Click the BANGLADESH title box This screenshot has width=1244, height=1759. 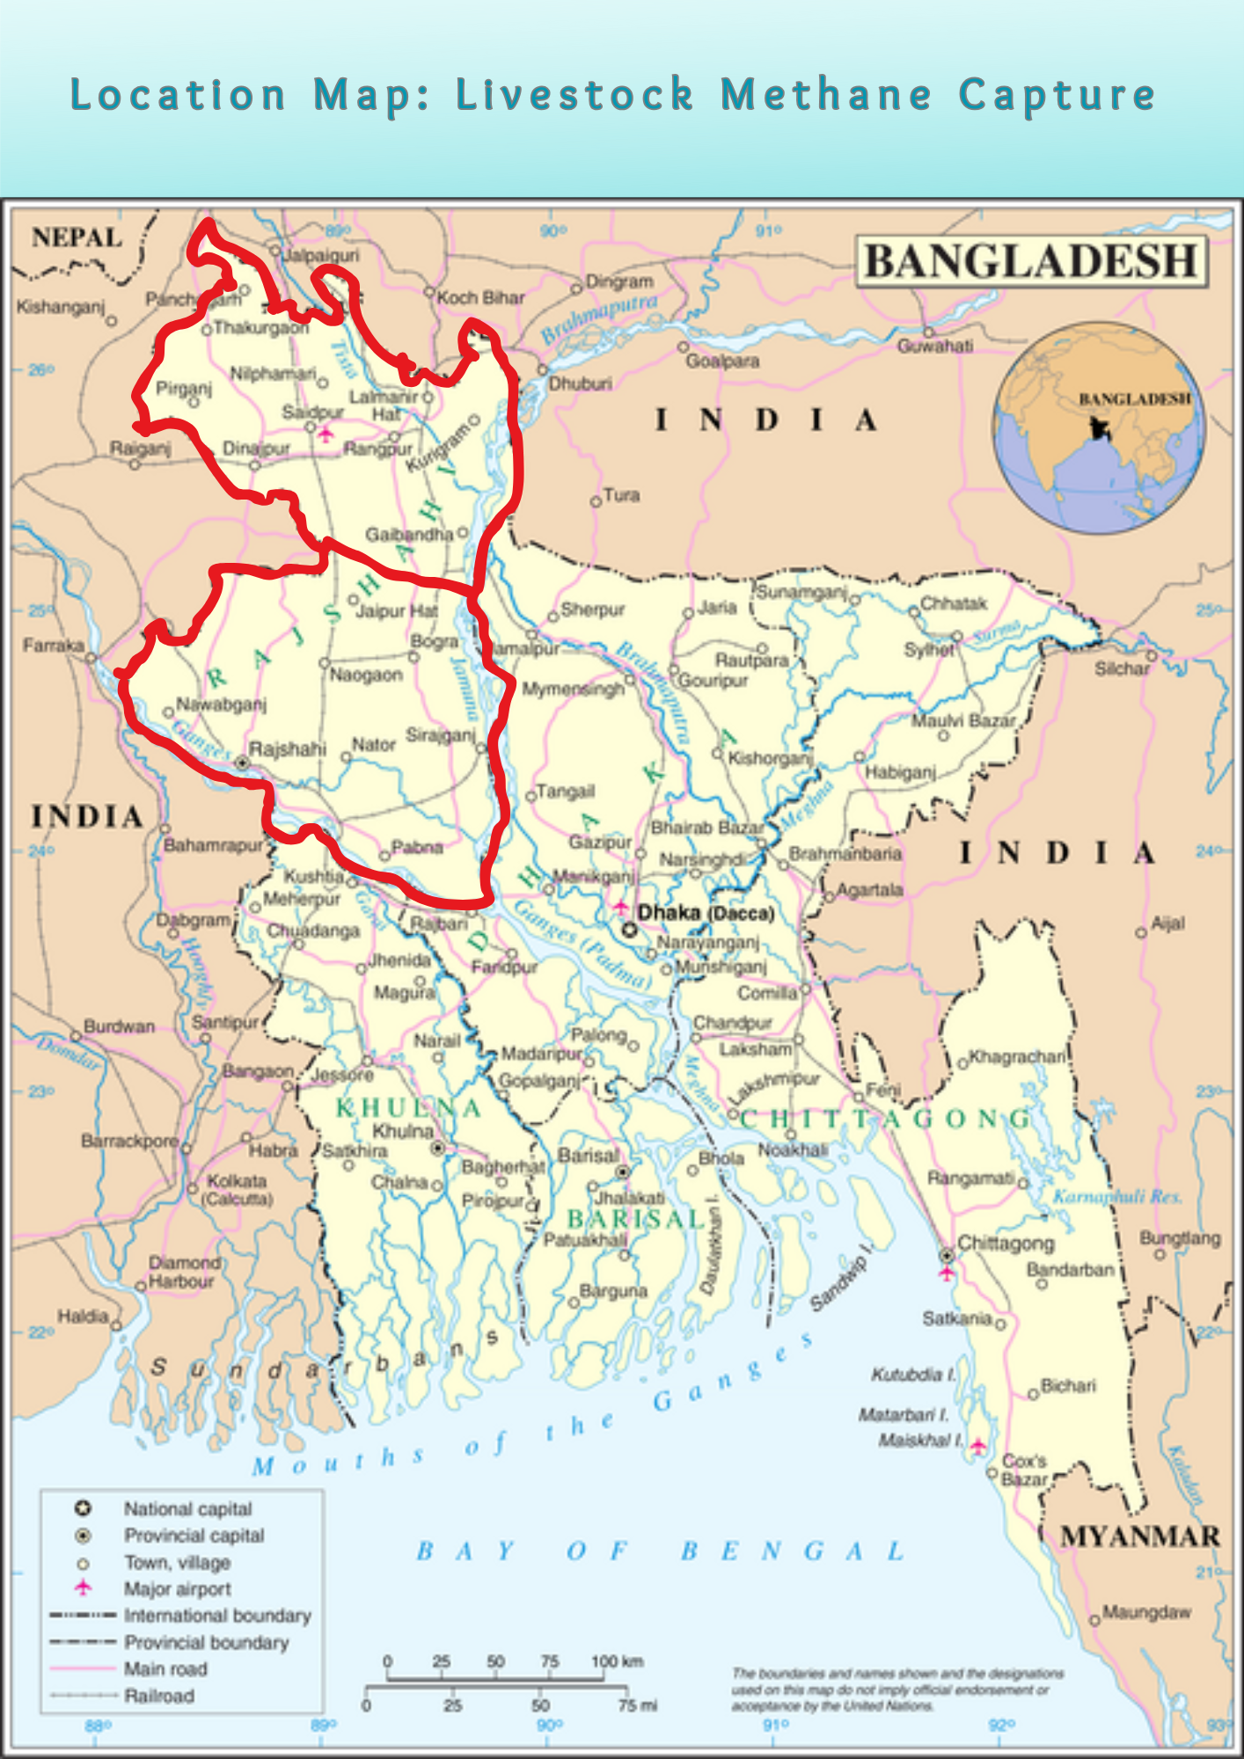tap(1031, 262)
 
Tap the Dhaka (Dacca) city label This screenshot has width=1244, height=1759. tap(706, 913)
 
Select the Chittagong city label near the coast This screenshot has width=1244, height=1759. tap(1006, 1243)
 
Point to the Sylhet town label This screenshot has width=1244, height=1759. tap(929, 650)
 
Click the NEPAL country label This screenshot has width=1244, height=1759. tap(77, 237)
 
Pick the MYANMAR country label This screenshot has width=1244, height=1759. tap(1140, 1536)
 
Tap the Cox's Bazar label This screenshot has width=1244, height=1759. tap(1024, 1470)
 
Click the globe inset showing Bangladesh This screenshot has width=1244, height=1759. tap(1099, 427)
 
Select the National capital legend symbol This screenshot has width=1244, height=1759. tap(83, 1509)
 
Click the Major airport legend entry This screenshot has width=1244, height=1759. tap(177, 1589)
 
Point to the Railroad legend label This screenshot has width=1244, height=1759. tap(159, 1696)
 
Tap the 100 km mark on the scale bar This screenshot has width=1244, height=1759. tap(616, 1661)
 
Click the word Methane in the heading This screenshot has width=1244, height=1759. tap(825, 94)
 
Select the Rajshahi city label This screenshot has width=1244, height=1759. tap(287, 749)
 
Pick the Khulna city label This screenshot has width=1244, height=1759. tap(403, 1131)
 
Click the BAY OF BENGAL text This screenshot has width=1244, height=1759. tap(660, 1551)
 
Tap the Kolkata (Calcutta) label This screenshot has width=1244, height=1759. tap(237, 1189)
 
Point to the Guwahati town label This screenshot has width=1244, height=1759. tap(935, 347)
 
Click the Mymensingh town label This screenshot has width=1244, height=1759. tap(573, 689)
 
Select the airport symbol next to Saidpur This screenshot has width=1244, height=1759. tap(326, 434)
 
